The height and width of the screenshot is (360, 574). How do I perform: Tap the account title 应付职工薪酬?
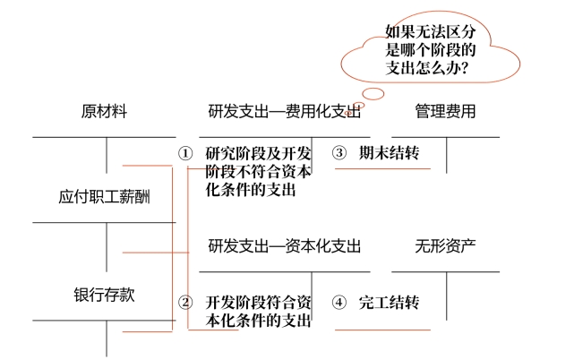pyautogui.click(x=104, y=196)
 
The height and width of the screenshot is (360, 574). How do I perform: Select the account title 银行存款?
pyautogui.click(x=104, y=294)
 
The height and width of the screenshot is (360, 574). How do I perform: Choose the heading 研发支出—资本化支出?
pyautogui.click(x=285, y=245)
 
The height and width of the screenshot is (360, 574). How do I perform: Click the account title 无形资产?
pyautogui.click(x=445, y=245)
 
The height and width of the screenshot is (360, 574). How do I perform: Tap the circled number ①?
pyautogui.click(x=185, y=153)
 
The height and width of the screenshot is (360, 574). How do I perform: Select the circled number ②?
pyautogui.click(x=185, y=302)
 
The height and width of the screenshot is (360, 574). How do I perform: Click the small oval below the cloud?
pyautogui.click(x=373, y=92)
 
